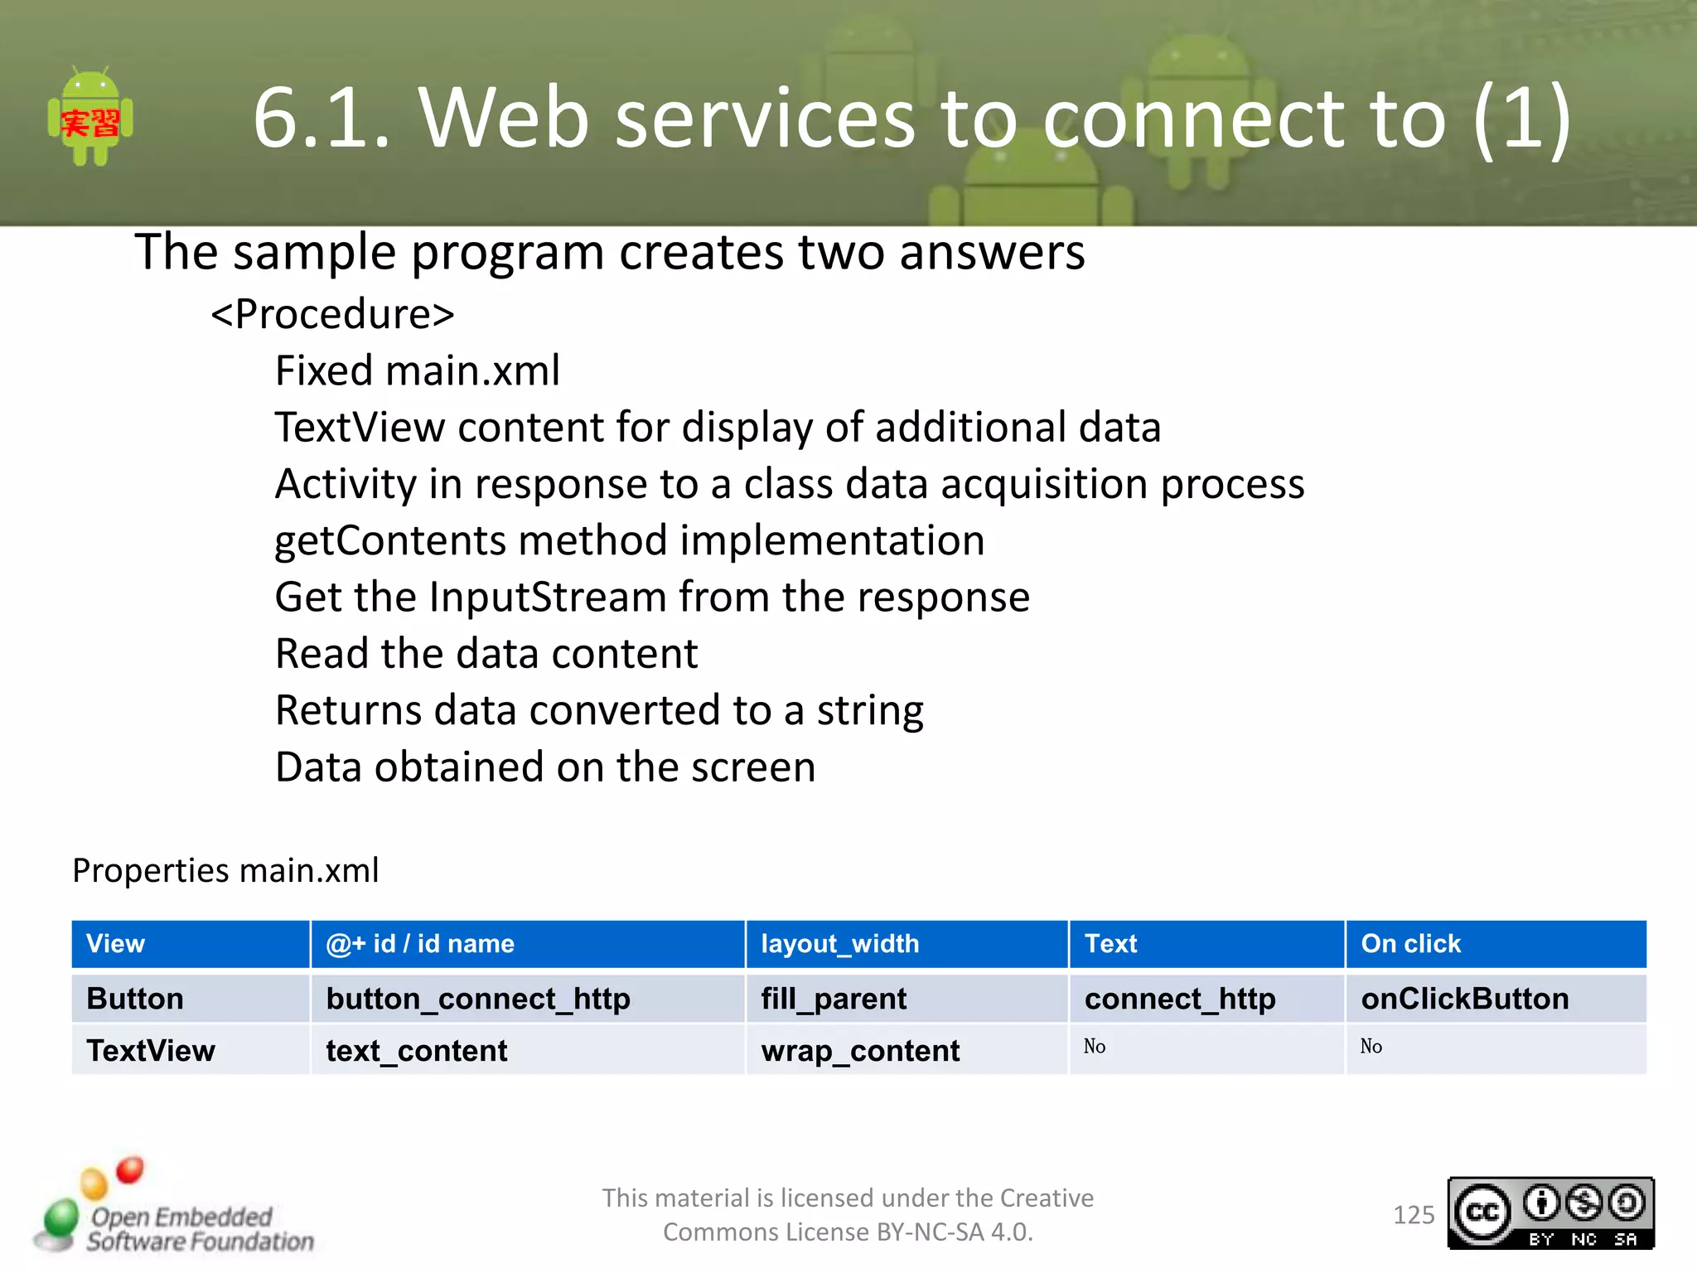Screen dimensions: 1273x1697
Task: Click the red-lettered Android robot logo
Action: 90,118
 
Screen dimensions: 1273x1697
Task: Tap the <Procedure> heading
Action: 332,314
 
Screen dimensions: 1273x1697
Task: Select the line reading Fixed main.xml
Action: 417,370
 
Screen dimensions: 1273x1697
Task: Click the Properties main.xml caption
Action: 225,870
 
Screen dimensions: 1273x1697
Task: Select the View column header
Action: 115,943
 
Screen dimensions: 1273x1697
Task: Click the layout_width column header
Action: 839,943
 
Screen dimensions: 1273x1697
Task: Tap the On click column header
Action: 1410,943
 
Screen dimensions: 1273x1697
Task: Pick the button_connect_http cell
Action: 477,999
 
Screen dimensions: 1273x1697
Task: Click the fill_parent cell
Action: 833,999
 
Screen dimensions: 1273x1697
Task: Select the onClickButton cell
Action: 1464,999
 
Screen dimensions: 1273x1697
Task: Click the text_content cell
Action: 416,1051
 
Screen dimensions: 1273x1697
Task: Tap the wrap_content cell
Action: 859,1051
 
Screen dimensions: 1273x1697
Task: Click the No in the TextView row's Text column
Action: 1094,1046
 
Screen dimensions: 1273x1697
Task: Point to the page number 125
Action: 1413,1215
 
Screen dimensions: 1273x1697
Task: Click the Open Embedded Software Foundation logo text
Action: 199,1228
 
